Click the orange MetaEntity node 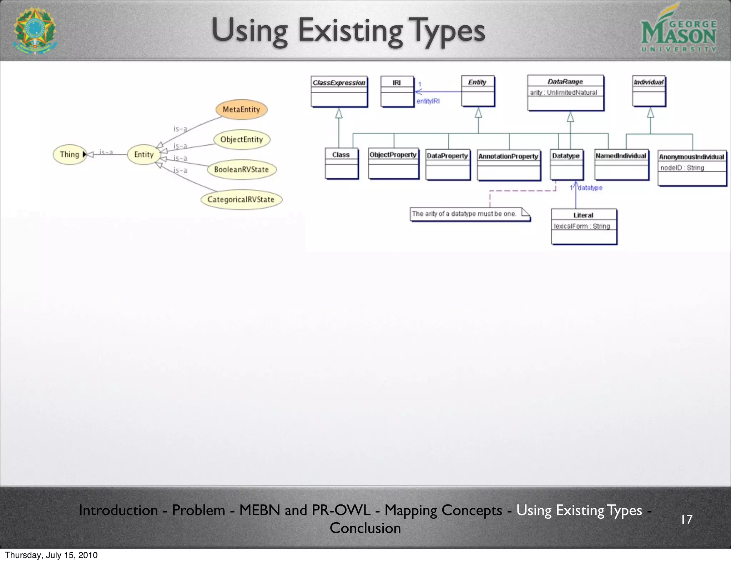(241, 110)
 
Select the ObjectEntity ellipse (242, 140)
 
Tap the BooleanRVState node (242, 170)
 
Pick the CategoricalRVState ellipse (241, 199)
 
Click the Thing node (70, 155)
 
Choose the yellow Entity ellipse (143, 155)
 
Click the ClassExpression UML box (339, 91)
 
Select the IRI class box (397, 91)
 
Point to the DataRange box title (565, 82)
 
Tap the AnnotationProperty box (508, 165)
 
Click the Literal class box (584, 226)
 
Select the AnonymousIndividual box (692, 168)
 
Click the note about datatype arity (469, 214)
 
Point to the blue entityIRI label (428, 101)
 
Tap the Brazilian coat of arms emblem (35, 30)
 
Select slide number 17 (686, 519)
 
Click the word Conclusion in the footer (365, 528)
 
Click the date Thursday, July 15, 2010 (51, 555)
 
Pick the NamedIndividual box (621, 164)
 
